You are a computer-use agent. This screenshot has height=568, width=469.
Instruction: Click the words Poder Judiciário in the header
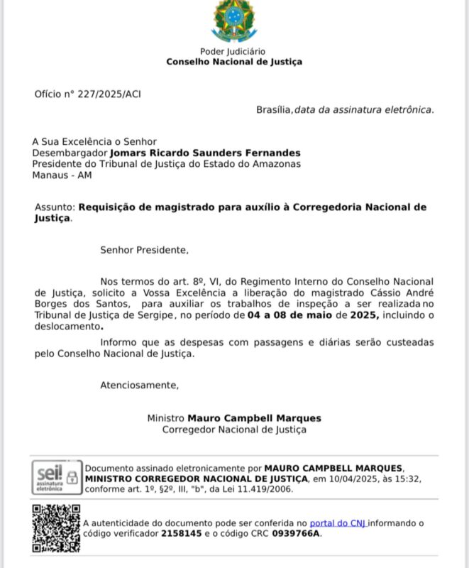coord(233,51)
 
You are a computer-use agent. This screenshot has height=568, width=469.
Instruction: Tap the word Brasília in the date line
coord(274,109)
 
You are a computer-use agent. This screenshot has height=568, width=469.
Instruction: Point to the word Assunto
coord(54,207)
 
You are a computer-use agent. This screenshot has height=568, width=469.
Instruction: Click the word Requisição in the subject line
coord(106,207)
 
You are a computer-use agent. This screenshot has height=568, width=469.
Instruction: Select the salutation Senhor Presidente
coord(145,250)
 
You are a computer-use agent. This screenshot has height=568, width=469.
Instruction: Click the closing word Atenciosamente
coord(139,385)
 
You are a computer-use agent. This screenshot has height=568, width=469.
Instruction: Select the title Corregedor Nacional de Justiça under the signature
coord(234,430)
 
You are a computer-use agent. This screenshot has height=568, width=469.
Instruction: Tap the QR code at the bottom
coord(56,528)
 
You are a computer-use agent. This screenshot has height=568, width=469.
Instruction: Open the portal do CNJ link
coord(338,523)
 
